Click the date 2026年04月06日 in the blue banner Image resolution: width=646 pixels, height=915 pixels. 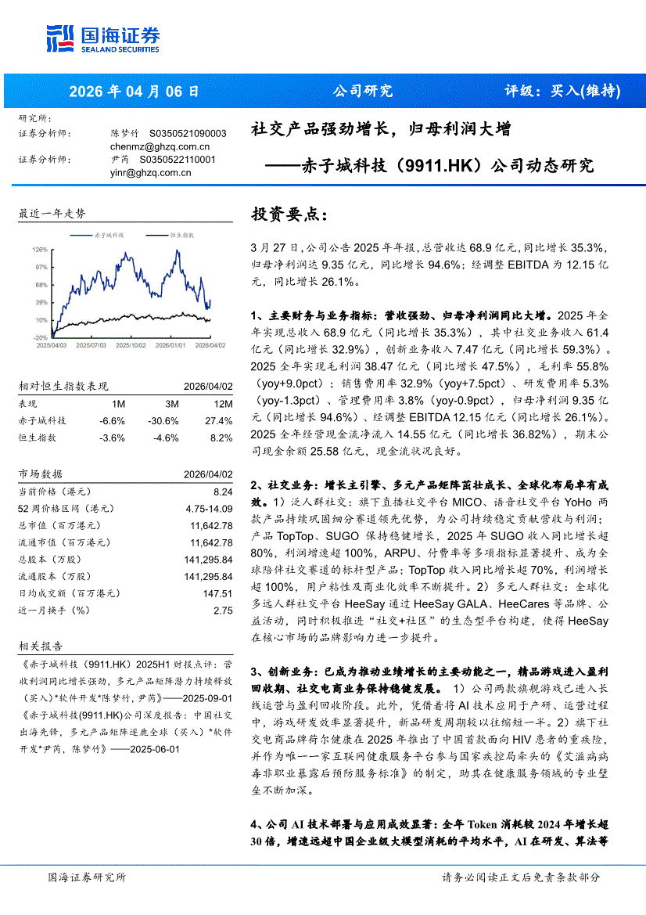tap(135, 92)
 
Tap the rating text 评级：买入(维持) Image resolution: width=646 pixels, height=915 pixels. tap(562, 92)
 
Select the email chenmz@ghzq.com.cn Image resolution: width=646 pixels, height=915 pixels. tap(160, 146)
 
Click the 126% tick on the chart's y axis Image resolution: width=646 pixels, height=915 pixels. tap(41, 250)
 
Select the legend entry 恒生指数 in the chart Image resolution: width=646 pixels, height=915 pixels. tap(180, 234)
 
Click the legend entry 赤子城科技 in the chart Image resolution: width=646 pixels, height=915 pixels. tap(109, 234)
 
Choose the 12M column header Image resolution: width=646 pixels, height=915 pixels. tap(222, 404)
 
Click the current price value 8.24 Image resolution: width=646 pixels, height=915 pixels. tap(223, 491)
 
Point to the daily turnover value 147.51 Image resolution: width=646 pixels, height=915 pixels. tap(217, 594)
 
